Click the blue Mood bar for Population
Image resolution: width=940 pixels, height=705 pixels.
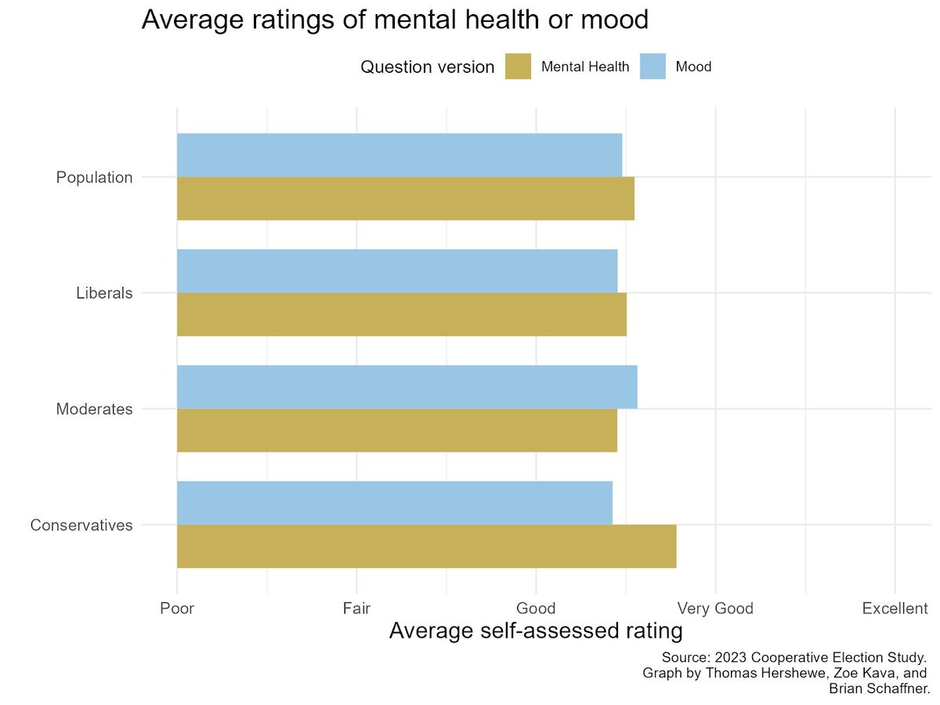399,155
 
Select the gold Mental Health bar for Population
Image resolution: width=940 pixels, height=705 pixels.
405,198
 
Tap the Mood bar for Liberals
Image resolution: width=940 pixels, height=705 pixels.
397,271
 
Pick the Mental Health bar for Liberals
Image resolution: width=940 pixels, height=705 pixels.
402,314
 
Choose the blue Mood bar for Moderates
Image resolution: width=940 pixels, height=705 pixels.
407,387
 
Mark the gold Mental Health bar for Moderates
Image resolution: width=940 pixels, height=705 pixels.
397,430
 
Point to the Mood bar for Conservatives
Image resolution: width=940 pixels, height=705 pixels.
395,503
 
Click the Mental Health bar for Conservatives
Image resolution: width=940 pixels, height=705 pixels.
426,546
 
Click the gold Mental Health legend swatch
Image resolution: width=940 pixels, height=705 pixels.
518,67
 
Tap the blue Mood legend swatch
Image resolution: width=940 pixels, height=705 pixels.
653,67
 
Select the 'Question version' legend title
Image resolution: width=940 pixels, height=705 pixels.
427,67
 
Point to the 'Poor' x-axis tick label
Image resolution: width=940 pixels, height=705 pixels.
177,609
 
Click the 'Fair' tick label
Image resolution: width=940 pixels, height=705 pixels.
356,609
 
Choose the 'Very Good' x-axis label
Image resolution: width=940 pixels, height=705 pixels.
715,609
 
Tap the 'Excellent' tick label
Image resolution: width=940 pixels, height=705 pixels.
895,609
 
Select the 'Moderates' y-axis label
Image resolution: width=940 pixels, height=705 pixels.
94,409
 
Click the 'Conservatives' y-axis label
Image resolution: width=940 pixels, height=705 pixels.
81,525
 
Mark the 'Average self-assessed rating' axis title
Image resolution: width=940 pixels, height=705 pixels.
536,631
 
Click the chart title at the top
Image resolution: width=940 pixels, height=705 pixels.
395,20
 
